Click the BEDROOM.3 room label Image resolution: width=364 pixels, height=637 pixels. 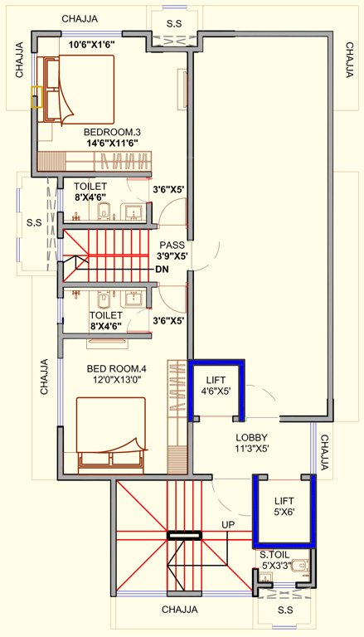[112, 132]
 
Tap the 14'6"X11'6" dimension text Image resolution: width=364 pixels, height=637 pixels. [111, 143]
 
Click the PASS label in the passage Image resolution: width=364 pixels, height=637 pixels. [172, 246]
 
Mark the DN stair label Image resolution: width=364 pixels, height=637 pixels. [162, 270]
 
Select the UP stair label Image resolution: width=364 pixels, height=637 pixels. [228, 525]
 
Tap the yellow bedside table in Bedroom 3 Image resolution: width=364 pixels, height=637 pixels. [36, 97]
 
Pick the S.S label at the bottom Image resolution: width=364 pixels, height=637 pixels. [286, 610]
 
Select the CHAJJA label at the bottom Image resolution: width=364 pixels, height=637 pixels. [180, 610]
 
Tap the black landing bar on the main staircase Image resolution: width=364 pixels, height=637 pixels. [184, 536]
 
